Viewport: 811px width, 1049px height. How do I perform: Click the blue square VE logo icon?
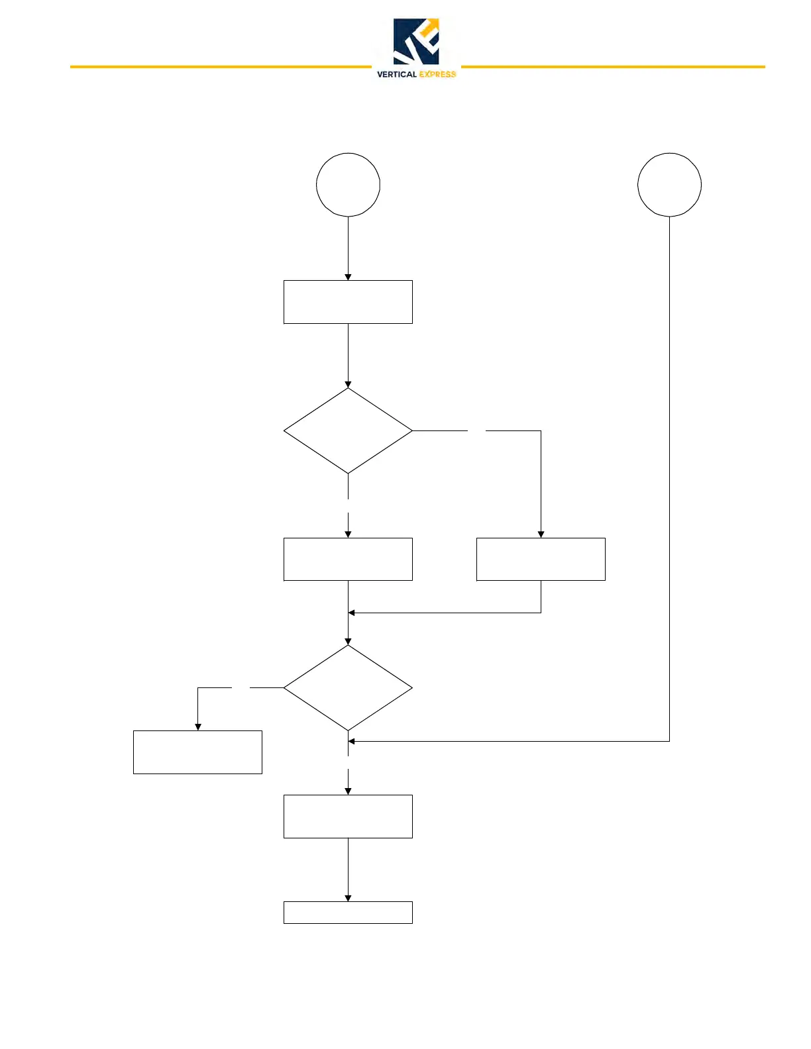coord(416,41)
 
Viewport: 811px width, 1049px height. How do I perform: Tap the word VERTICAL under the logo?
coord(396,74)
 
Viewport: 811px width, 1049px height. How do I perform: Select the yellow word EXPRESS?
coord(437,74)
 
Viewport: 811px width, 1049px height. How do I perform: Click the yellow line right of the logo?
coord(612,67)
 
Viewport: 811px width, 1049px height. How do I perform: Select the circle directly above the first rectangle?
coord(348,185)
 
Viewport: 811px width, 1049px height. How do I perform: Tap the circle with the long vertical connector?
coord(669,185)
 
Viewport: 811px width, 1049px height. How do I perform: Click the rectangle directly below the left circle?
coord(348,302)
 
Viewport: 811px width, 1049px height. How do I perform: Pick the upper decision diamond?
coord(348,430)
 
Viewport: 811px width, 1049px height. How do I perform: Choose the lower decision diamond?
coord(348,688)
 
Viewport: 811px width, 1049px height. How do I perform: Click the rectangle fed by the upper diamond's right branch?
coord(541,559)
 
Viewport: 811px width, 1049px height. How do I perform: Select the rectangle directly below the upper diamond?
coord(348,559)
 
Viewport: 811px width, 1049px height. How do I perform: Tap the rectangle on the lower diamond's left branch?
coord(197,752)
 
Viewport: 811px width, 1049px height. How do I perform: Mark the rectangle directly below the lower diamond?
coord(348,817)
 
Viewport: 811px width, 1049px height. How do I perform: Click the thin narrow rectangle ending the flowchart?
coord(348,913)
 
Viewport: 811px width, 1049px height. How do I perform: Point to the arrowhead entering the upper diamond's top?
coord(348,385)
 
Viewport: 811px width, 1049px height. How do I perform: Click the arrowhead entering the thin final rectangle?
coord(348,899)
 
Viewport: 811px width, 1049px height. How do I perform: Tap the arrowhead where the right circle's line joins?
coord(352,741)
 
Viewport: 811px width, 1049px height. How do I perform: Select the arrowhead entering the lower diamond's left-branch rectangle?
coord(197,727)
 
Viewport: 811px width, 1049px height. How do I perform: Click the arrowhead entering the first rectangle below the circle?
coord(348,277)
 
